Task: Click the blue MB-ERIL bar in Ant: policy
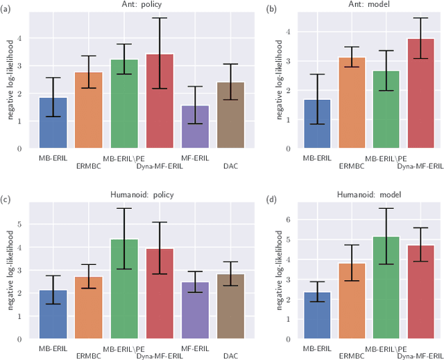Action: [x=53, y=123]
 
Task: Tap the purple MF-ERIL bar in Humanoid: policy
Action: [x=195, y=310]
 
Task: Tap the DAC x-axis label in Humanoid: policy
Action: [x=231, y=356]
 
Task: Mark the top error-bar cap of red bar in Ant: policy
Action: [x=160, y=18]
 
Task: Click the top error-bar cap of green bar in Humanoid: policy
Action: [x=123, y=208]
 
